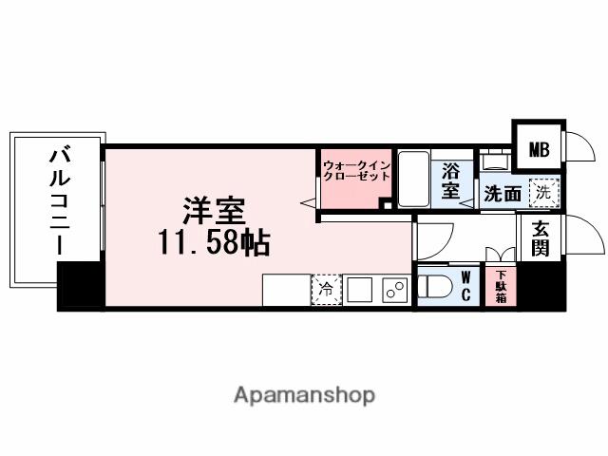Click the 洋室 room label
tap(216, 210)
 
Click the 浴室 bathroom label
tap(451, 181)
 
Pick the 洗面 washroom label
tap(502, 193)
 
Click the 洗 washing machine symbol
tap(543, 191)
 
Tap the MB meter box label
tap(539, 148)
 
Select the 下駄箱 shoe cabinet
tap(501, 286)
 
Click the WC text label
tap(466, 286)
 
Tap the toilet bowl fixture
tap(437, 286)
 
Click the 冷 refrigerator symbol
tap(326, 290)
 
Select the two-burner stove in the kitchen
tap(392, 290)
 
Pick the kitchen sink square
tap(358, 290)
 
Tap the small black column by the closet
tap(386, 203)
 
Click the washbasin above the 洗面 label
tap(494, 161)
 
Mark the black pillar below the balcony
tap(79, 284)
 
